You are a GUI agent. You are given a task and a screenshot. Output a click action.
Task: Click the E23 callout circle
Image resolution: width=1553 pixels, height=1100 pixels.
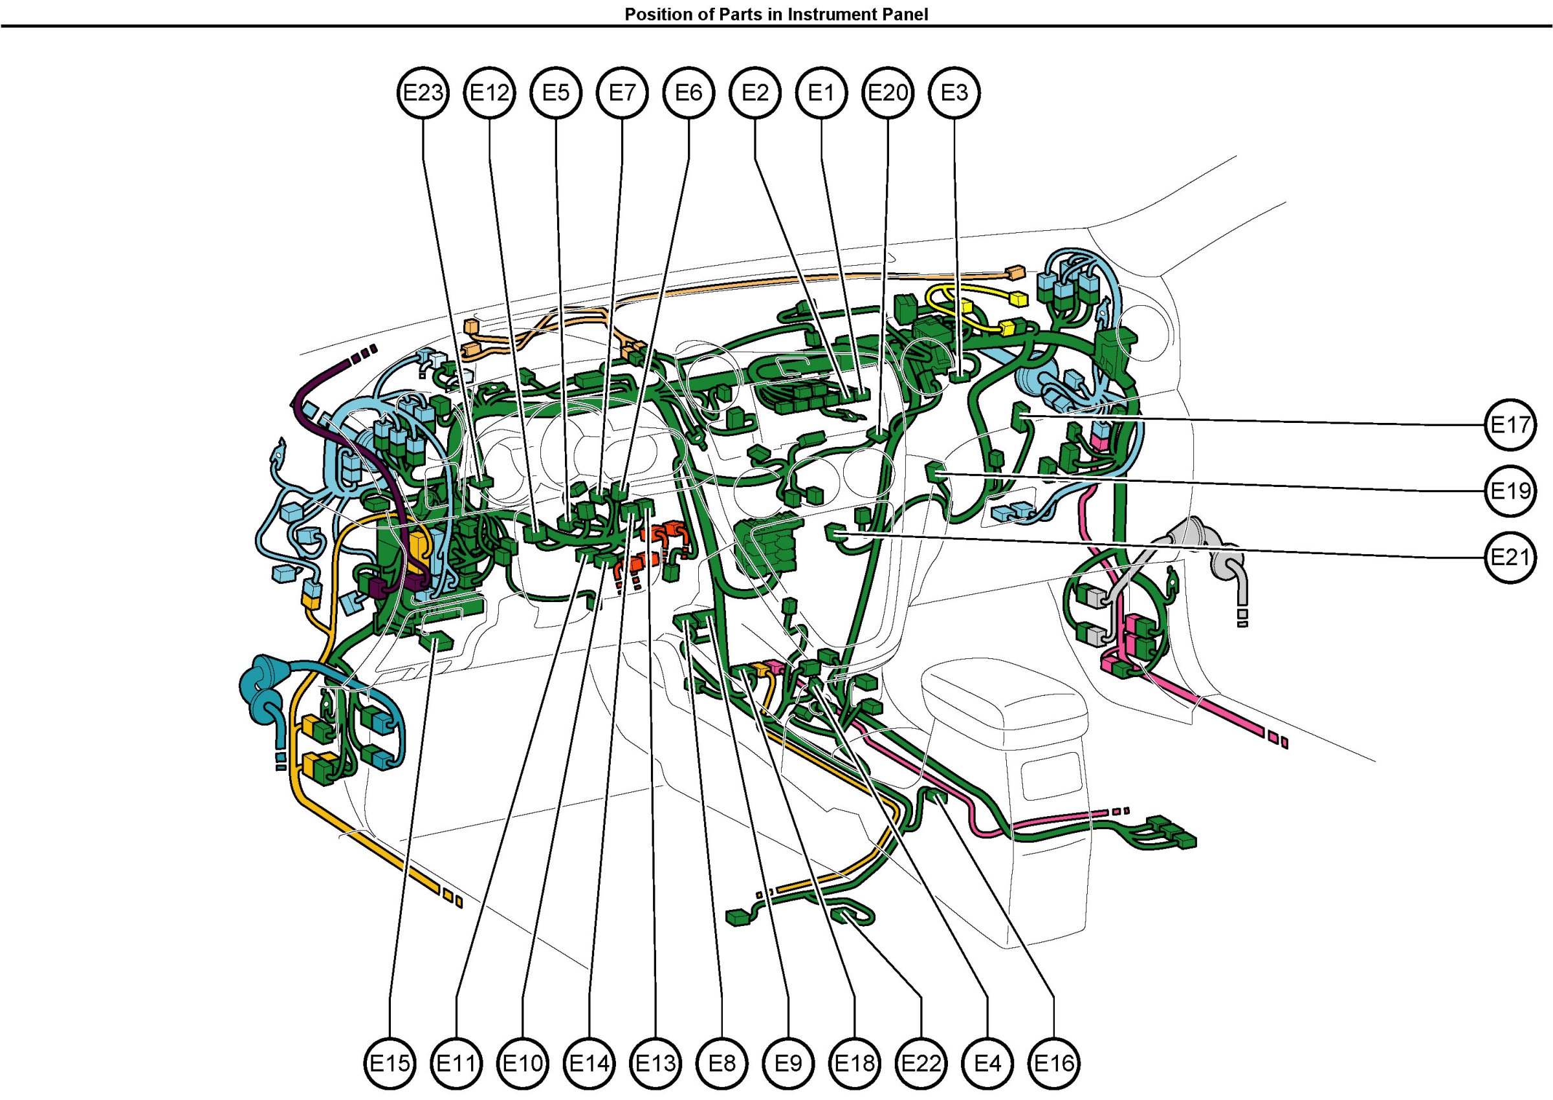tap(423, 92)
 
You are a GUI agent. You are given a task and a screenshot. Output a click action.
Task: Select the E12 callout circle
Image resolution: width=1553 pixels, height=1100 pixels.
tap(490, 92)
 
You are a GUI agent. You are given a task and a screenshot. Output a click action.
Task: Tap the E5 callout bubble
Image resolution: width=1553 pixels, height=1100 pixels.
tap(556, 92)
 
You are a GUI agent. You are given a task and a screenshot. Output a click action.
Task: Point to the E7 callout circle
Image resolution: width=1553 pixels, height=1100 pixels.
tap(622, 92)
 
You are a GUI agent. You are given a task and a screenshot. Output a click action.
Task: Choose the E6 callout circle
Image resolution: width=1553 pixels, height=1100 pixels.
tap(689, 92)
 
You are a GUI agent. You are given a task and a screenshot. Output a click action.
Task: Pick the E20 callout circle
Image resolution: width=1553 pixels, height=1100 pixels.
tap(888, 92)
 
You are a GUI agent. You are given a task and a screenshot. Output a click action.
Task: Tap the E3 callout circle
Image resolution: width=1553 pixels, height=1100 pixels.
tap(954, 92)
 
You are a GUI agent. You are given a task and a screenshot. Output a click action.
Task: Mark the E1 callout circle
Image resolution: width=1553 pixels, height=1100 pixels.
tap(822, 92)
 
